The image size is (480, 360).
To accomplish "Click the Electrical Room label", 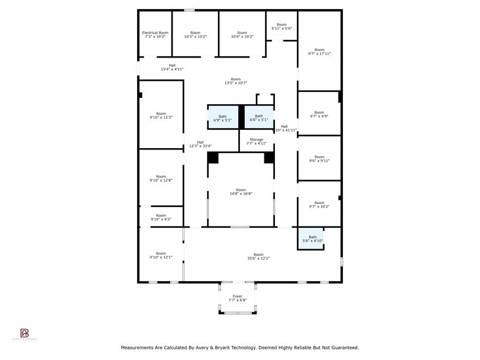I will point(155,34).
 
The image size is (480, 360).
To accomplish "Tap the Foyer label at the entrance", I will point(238,298).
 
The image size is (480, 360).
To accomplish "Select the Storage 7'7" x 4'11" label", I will point(257,141).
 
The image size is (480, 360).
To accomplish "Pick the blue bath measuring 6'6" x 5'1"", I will point(259,118).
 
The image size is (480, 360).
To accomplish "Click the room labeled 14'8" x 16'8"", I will point(241,192).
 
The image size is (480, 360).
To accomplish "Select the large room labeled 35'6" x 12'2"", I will point(258,257).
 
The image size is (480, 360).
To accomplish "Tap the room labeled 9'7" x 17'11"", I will point(319,52).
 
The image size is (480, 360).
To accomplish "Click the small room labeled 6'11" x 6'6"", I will point(282,26).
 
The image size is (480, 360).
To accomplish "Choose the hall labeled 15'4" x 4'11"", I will point(172,67).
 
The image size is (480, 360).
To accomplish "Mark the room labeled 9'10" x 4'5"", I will point(160,217).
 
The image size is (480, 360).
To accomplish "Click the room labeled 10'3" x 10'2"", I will point(195,34).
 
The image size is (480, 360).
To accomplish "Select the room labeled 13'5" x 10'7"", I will point(236,81).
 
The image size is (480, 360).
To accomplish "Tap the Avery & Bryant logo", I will point(25,334).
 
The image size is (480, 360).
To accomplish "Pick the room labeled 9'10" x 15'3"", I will point(160,115).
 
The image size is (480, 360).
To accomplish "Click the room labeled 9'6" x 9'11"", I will point(319,159).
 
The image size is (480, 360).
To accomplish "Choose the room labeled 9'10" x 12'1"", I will point(160,255).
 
